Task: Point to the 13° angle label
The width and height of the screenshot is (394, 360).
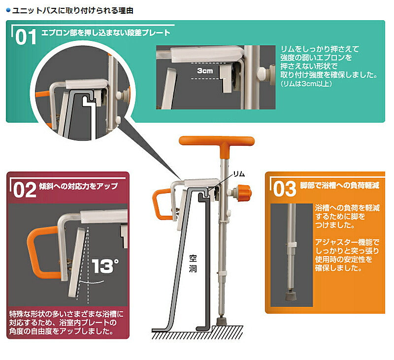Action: [x=105, y=267]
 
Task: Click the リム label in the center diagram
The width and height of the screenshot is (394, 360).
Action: [x=238, y=173]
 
